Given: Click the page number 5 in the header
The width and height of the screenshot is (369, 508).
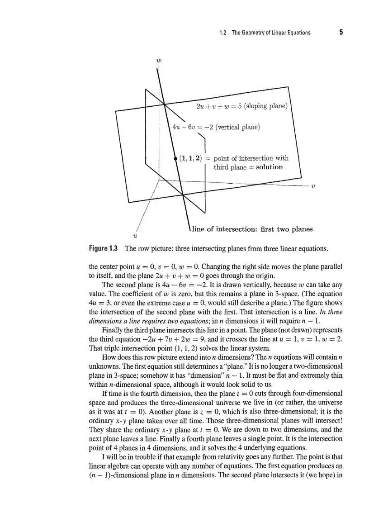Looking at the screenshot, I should tap(341, 33).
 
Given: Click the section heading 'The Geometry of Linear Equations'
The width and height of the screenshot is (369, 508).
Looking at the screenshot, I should tap(271, 33).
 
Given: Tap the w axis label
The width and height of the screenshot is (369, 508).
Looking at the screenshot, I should tap(159, 59).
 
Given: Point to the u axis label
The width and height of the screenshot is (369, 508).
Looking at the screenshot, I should tap(134, 236).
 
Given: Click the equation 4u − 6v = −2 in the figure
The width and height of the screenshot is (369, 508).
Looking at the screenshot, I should tap(189, 127).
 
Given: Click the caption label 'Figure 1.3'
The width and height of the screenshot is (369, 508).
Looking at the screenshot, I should tap(103, 248).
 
